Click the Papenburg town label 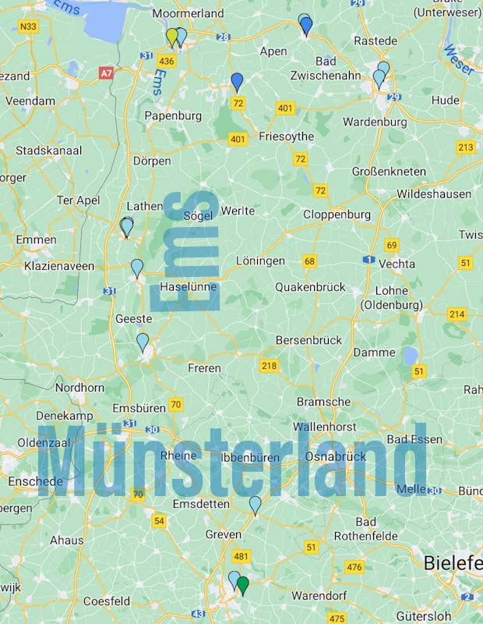click(x=173, y=115)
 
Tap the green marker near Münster click(x=242, y=585)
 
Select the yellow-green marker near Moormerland click(x=172, y=37)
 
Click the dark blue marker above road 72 click(x=237, y=81)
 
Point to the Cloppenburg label click(x=337, y=214)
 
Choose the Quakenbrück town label click(x=310, y=287)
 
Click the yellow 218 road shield click(x=269, y=365)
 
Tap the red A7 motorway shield click(x=106, y=73)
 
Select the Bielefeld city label click(x=453, y=562)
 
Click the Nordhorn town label click(x=79, y=388)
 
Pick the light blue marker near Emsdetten click(x=255, y=505)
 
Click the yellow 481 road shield click(x=241, y=556)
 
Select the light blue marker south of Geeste click(x=143, y=342)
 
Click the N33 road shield click(x=28, y=27)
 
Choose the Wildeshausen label click(x=433, y=194)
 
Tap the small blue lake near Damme click(x=410, y=356)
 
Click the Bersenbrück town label click(x=308, y=340)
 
